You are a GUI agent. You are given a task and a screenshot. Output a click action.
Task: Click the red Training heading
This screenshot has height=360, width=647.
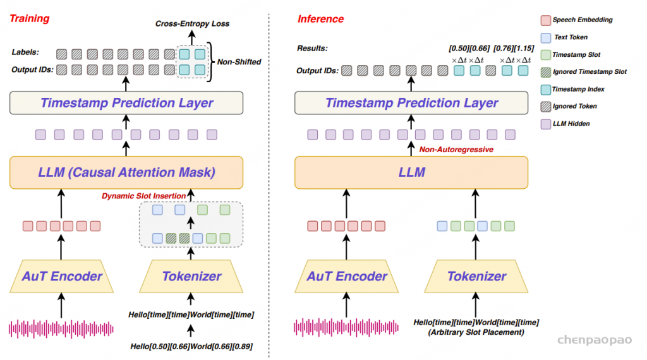pyautogui.click(x=29, y=18)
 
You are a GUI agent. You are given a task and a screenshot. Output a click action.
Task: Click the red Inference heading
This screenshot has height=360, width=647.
pyautogui.click(x=320, y=18)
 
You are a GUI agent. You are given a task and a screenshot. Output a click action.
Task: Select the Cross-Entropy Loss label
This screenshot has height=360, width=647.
pyautogui.click(x=193, y=24)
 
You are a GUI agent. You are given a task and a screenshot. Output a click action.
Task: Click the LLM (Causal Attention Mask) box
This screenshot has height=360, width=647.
pyautogui.click(x=126, y=172)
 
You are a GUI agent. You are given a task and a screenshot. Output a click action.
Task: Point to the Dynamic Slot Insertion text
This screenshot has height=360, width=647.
pyautogui.click(x=143, y=196)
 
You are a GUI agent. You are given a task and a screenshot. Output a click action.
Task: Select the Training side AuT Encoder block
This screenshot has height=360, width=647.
pyautogui.click(x=62, y=276)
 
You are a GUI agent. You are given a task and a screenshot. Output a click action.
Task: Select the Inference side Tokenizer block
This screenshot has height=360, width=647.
pyautogui.click(x=476, y=276)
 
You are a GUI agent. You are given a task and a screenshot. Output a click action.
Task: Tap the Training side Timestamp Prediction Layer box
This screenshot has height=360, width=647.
pyautogui.click(x=126, y=103)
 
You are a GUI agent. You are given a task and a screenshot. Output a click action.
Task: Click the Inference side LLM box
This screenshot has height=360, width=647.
pyautogui.click(x=412, y=172)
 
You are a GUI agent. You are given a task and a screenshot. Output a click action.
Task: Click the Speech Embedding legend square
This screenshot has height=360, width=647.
pyautogui.click(x=545, y=20)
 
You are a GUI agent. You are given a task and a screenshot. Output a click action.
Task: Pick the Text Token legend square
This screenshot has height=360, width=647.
pyautogui.click(x=545, y=37)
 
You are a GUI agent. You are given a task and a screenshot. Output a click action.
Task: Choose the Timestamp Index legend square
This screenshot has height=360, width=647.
pyautogui.click(x=545, y=89)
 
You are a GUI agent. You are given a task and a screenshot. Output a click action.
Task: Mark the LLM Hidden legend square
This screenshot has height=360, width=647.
pyautogui.click(x=545, y=124)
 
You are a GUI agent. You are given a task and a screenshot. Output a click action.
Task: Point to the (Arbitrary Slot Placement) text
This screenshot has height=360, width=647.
pyautogui.click(x=476, y=332)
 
